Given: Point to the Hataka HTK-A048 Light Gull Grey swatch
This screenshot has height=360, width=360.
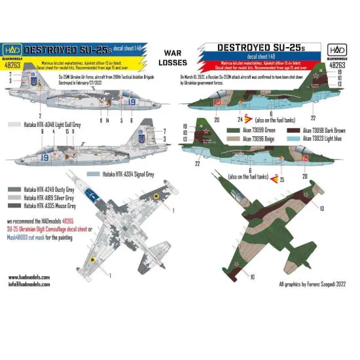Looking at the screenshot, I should [12, 122].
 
